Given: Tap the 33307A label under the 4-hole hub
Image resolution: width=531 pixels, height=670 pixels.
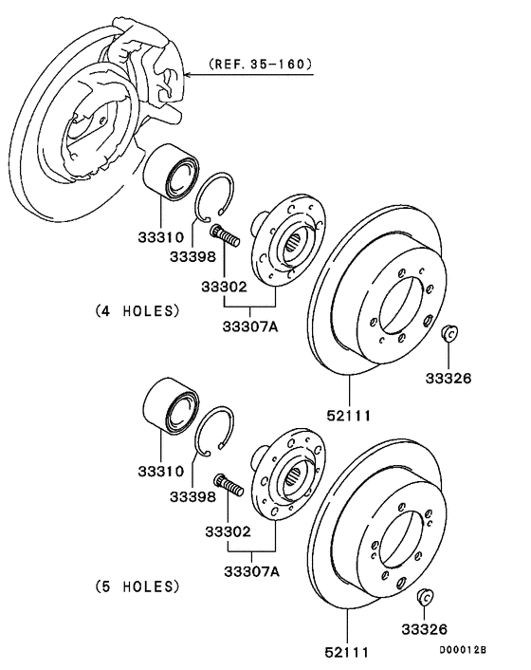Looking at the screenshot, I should pyautogui.click(x=249, y=328).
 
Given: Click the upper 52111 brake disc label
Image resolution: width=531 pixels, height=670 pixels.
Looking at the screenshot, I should pyautogui.click(x=349, y=415).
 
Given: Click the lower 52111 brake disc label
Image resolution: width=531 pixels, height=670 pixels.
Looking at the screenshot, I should pyautogui.click(x=347, y=653).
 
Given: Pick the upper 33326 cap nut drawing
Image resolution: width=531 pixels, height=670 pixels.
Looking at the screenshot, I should pyautogui.click(x=451, y=334).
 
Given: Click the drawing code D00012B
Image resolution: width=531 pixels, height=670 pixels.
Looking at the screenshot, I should pyautogui.click(x=462, y=650).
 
